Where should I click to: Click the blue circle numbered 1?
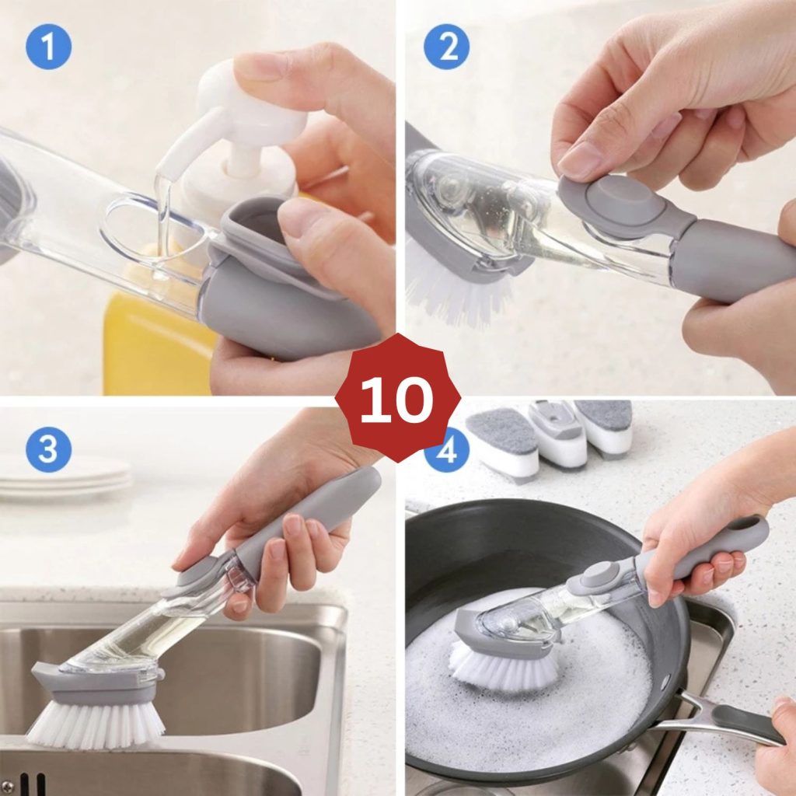point(48,47)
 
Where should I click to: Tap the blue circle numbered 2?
point(446,47)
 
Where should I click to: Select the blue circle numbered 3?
point(48,450)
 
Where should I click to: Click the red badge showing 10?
point(398,398)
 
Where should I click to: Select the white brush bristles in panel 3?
point(96,721)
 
